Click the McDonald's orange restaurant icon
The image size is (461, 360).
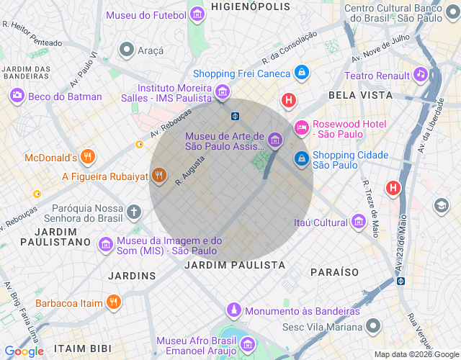[x=88, y=157]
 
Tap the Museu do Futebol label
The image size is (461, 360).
[x=147, y=14]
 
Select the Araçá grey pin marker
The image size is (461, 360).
[x=127, y=50]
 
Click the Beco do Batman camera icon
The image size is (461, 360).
[x=17, y=96]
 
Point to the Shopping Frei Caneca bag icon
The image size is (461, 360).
[x=302, y=73]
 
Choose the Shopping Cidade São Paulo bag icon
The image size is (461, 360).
[x=302, y=158]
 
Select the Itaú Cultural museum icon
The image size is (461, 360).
[x=358, y=222]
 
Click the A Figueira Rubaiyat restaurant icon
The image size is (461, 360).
[x=159, y=176]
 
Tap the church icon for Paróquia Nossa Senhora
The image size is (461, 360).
[x=134, y=212]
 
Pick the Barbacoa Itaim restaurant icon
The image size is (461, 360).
[x=113, y=302]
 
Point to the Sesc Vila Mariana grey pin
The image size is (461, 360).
[x=372, y=326]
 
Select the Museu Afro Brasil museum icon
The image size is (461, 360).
[x=247, y=344]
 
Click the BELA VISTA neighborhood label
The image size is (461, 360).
[x=360, y=95]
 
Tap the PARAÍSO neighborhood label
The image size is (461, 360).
[x=334, y=272]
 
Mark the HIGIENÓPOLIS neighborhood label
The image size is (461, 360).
[x=250, y=6]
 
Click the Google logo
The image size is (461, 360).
[x=24, y=351]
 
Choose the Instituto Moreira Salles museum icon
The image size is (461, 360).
[x=222, y=92]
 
